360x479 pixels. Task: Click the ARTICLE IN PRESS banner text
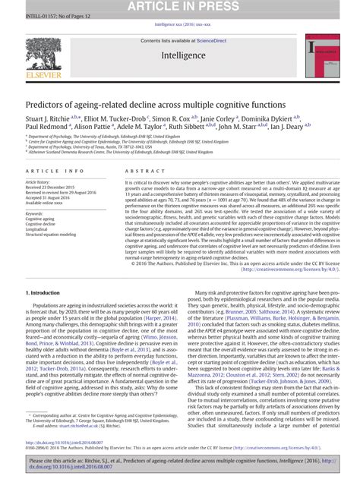pos(179,7)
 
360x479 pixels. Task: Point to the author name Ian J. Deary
pos(302,128)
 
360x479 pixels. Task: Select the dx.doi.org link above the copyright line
pos(58,443)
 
